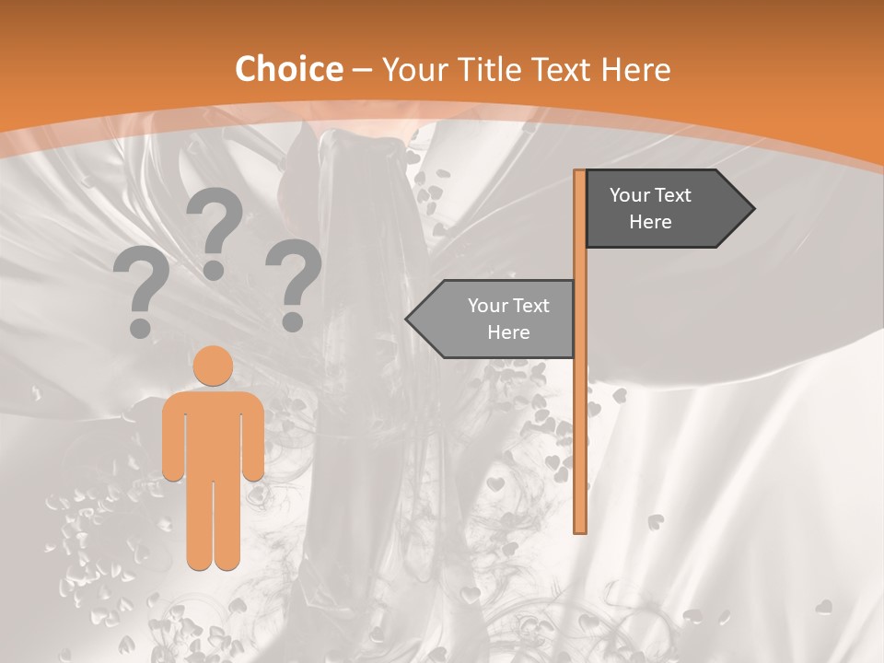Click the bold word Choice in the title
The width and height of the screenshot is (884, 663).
coord(288,69)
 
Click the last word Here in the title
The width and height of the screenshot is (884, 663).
coord(635,69)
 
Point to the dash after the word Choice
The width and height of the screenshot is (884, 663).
coord(362,71)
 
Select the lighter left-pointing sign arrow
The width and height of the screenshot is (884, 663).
coord(497,319)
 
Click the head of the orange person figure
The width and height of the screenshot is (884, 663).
coord(214,366)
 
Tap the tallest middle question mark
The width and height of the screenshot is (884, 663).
coord(215,230)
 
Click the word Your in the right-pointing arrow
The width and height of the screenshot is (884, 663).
coord(631,195)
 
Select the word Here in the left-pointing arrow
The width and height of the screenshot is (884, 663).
coord(508,332)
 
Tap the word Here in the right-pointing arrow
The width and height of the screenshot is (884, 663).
coord(650,222)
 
